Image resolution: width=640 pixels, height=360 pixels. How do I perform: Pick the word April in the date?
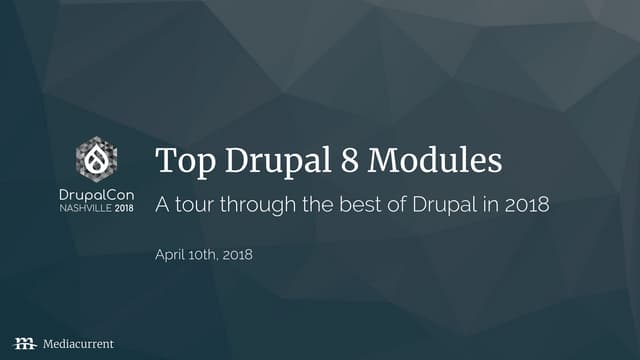click(x=171, y=255)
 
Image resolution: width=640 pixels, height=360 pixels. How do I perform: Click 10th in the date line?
click(x=205, y=255)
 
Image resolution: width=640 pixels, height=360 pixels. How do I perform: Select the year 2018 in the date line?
click(x=238, y=255)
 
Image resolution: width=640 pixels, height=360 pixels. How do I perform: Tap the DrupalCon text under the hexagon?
click(x=96, y=192)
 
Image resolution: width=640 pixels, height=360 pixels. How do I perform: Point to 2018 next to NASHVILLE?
click(x=123, y=208)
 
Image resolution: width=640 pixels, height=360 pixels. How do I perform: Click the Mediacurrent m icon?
click(x=23, y=343)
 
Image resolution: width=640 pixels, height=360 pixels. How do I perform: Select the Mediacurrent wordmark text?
click(x=78, y=343)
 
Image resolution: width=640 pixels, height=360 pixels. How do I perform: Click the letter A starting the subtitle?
click(x=162, y=206)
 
